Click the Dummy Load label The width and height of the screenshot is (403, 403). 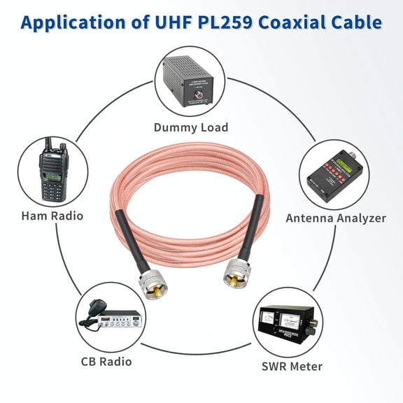coord(191,127)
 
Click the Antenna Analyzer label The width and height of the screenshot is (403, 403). coord(336,218)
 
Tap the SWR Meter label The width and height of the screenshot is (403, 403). coord(292,366)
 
